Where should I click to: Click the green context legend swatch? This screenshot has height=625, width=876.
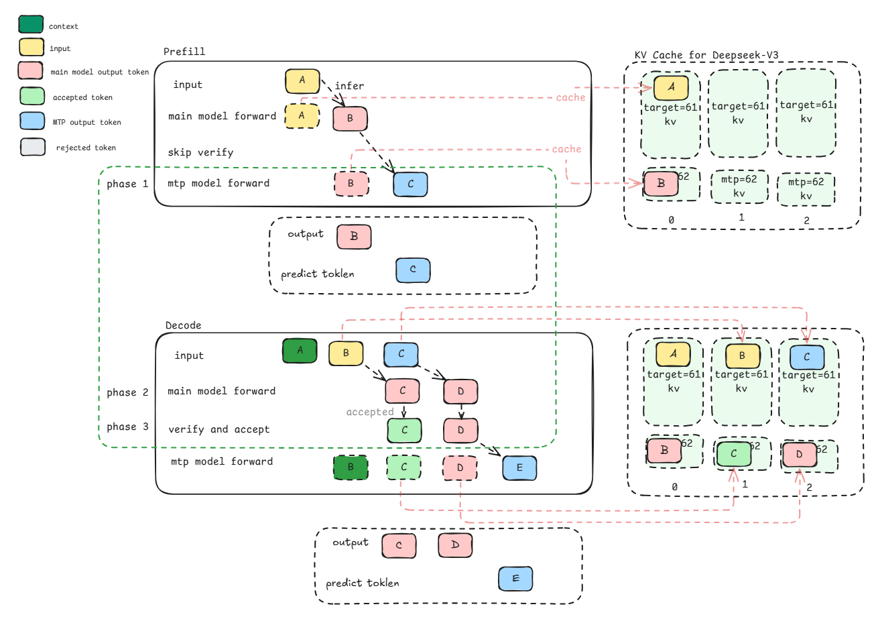point(31,25)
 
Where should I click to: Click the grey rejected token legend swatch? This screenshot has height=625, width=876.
point(33,147)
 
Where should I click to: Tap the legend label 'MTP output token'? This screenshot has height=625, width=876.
point(86,122)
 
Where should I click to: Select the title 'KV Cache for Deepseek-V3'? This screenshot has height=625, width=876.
point(706,55)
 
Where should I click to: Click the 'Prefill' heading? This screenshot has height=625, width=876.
point(184,52)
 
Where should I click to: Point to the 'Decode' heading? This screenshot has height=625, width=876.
point(183,325)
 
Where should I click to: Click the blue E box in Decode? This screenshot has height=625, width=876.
point(519,467)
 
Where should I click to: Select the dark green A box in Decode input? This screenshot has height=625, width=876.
point(300,350)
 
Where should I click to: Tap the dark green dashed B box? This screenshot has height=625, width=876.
point(351,467)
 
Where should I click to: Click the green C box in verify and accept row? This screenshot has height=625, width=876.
point(404,430)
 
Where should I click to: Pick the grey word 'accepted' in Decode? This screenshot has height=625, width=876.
point(369,412)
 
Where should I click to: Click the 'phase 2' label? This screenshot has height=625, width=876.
point(127,392)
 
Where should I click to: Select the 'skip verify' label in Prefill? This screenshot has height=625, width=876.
point(200,152)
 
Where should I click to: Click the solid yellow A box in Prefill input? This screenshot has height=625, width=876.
point(302,80)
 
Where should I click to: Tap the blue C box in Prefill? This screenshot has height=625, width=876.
point(410,184)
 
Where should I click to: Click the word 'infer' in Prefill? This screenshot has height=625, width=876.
point(349,86)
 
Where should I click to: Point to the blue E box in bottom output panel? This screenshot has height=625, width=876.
point(515,579)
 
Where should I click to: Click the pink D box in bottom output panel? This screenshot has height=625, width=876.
point(455,545)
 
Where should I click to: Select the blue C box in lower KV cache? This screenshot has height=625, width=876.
point(806,357)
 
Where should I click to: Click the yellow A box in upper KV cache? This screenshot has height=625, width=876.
point(671,87)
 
